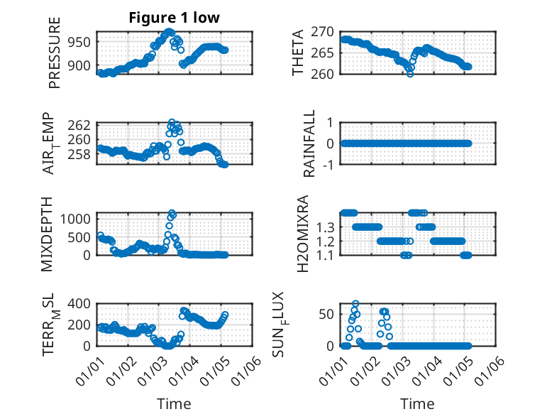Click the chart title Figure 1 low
174,18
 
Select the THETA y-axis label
298,53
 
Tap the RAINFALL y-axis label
309,143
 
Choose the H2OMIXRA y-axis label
302,234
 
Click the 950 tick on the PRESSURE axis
80,42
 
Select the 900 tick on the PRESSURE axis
80,65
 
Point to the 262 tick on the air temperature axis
80,126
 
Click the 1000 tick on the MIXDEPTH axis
77,218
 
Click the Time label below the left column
174,403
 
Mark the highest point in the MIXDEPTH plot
172,213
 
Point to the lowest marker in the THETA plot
410,73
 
